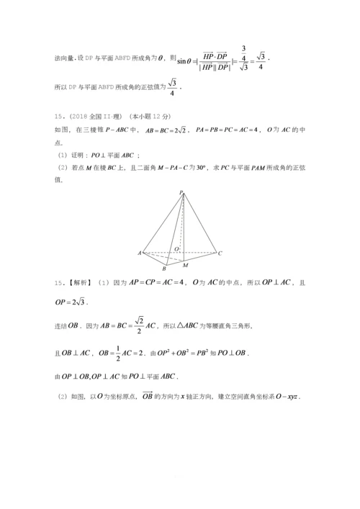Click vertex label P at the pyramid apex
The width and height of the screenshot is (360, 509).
point(181,192)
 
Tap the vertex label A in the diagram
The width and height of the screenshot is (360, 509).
point(138,253)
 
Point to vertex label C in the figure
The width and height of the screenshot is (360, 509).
point(220,253)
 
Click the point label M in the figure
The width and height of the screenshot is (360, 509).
point(185,265)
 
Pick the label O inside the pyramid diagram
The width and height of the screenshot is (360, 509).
point(176,249)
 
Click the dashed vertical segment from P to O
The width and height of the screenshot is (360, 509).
point(181,223)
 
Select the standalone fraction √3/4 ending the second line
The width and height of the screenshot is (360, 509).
point(172,87)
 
